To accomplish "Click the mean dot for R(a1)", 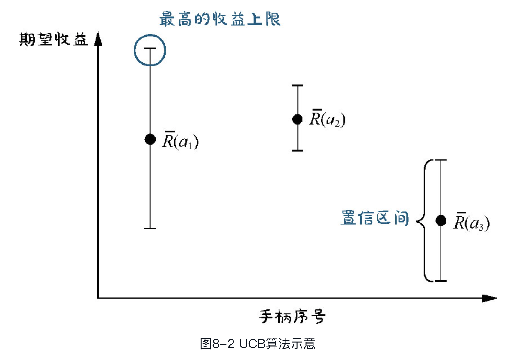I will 150,139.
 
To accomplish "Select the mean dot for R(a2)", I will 297,119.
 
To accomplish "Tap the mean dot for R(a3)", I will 441,220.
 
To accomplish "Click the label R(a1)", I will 180,141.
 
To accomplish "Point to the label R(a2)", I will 327,119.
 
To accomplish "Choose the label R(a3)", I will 471,223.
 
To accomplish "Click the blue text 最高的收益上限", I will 220,19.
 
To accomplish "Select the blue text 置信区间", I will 375,218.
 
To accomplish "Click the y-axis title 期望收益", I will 53,39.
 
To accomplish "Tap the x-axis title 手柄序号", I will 292,316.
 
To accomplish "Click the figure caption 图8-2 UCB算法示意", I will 258,344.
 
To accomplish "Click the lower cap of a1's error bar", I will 150,228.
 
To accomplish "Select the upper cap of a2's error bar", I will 297,85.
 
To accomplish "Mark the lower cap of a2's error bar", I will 297,150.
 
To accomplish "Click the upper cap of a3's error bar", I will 441,160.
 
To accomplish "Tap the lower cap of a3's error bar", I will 441,281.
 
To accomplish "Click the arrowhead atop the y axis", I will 98,39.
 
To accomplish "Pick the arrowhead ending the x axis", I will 489,298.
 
